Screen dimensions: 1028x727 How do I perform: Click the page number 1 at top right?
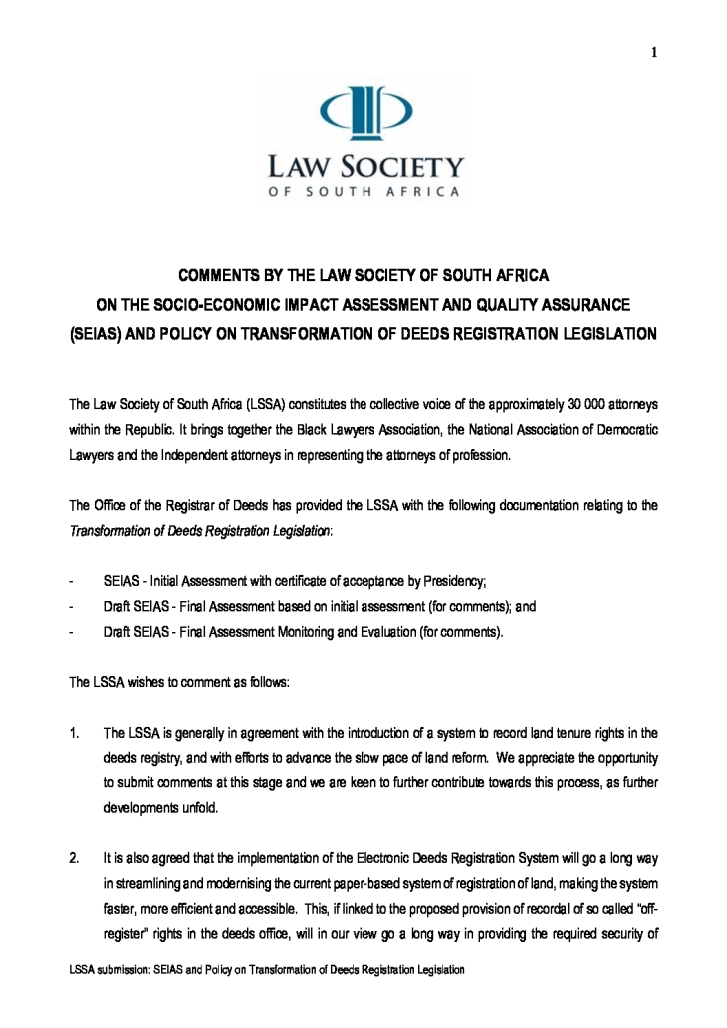click(654, 53)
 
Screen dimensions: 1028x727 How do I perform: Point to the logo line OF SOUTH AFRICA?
click(363, 192)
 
